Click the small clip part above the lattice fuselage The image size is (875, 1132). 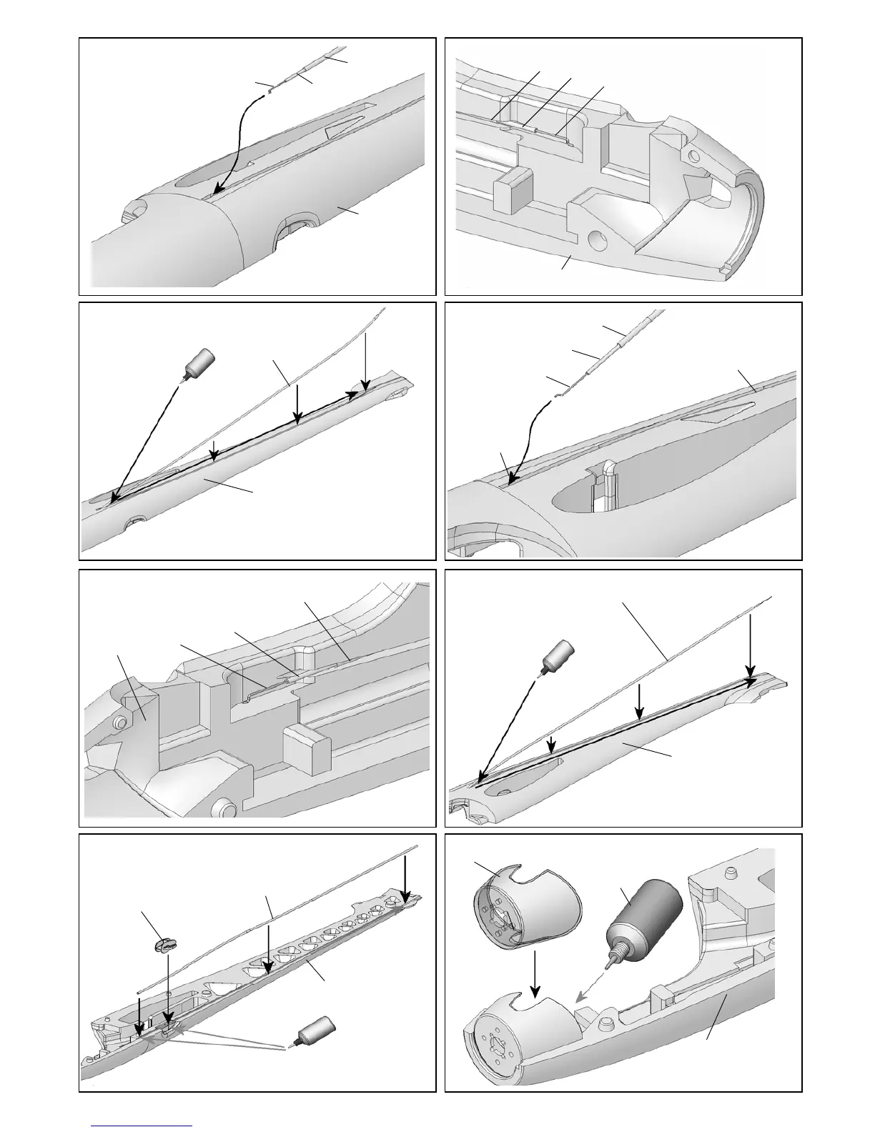tap(164, 945)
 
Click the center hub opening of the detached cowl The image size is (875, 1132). tap(500, 907)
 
